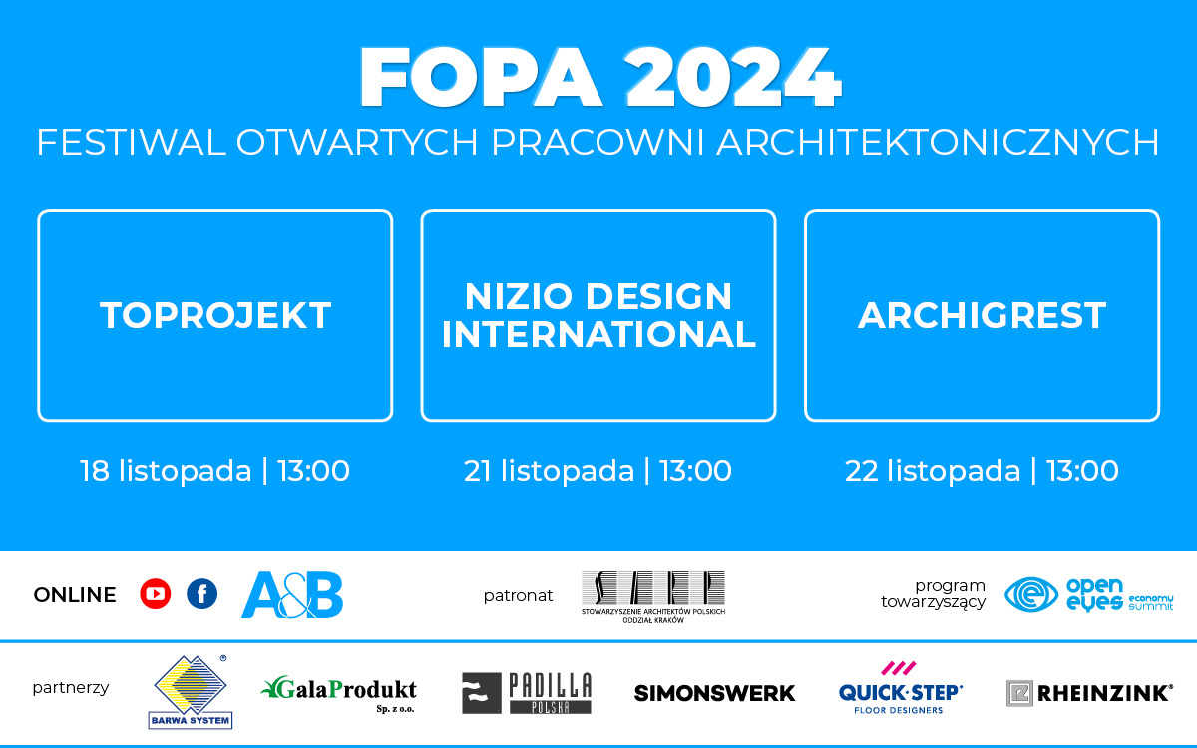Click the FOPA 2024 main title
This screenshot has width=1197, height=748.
600,77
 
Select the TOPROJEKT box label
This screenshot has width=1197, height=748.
215,315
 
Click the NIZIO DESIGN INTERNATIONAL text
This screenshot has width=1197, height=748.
598,315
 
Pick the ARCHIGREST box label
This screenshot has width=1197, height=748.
982,315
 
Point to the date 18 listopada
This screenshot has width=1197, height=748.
166,471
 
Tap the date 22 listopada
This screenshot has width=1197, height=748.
932,471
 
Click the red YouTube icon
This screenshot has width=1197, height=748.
156,595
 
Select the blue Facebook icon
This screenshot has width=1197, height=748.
201,595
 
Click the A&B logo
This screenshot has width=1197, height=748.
292,595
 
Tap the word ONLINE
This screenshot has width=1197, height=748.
75,595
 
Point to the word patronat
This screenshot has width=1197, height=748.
518,595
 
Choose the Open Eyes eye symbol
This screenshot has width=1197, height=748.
1030,595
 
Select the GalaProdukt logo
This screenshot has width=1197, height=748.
339,690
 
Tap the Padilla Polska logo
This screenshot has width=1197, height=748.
527,692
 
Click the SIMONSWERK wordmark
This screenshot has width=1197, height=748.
714,692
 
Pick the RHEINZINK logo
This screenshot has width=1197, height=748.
1089,692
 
